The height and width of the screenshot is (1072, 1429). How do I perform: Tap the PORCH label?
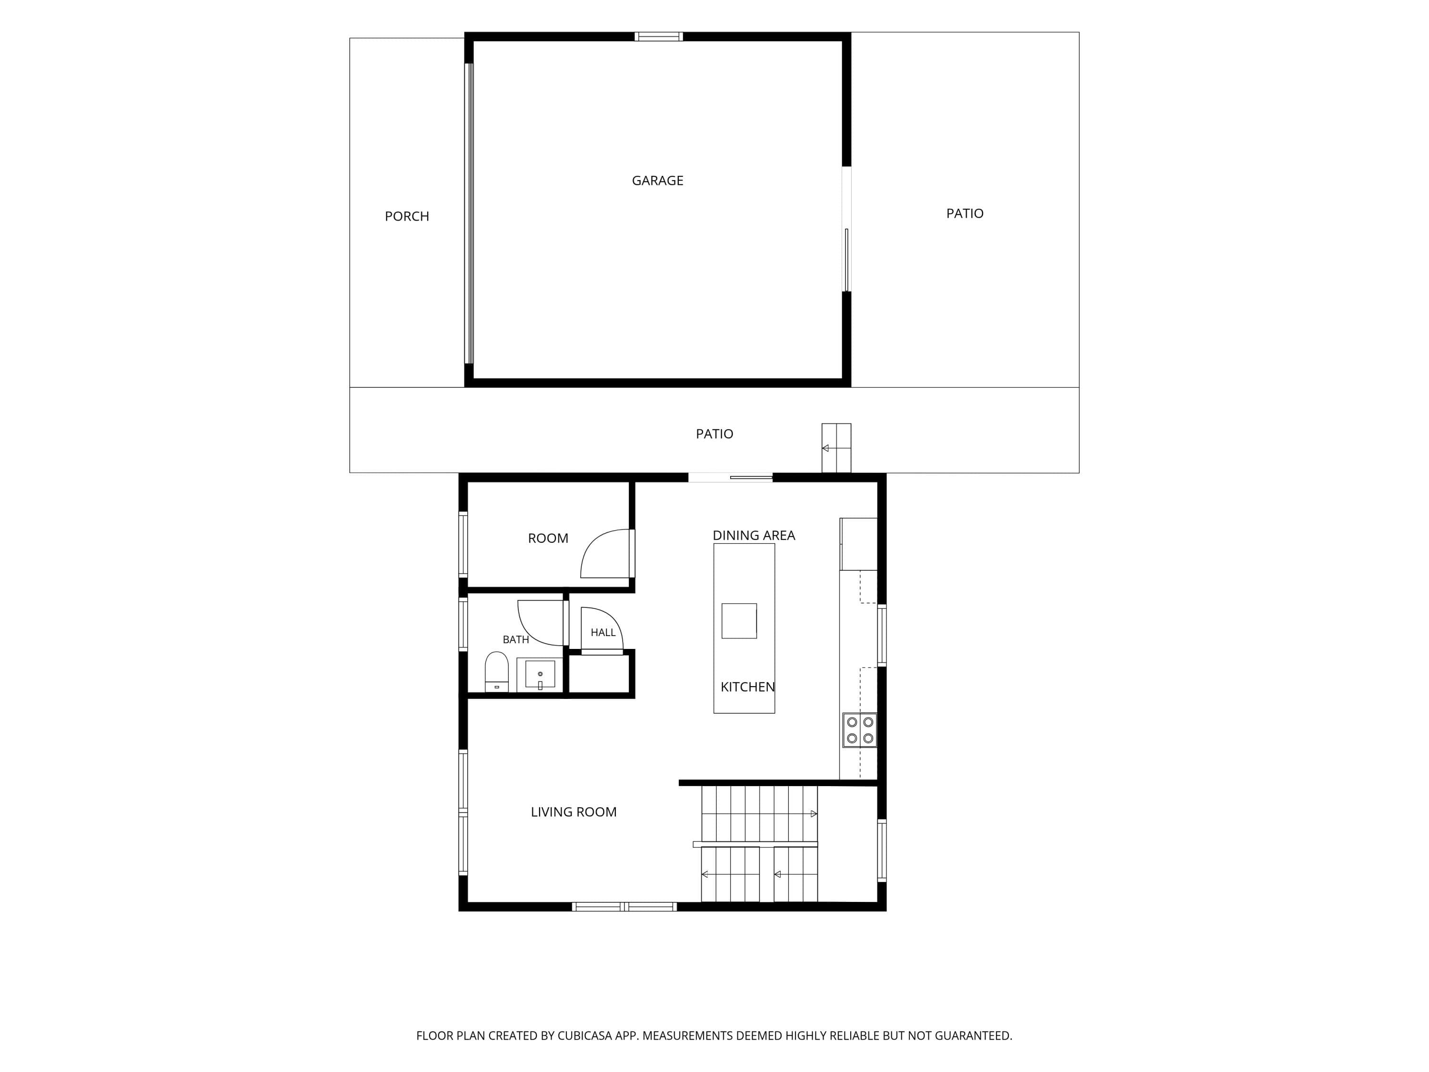point(407,216)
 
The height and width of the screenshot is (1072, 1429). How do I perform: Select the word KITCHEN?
point(747,687)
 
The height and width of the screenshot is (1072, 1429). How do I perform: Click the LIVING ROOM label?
point(574,811)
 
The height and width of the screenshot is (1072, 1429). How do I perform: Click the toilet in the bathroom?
point(497,672)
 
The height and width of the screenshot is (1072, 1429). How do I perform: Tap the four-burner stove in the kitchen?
point(859,730)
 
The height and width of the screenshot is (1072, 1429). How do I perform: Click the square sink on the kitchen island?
point(739,621)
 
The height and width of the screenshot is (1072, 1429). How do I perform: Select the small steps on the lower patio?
point(836,448)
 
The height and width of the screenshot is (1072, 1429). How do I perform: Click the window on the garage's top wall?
point(658,37)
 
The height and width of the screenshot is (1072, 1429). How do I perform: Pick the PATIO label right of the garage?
point(965,214)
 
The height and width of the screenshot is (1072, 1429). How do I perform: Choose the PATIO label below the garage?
point(714,434)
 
